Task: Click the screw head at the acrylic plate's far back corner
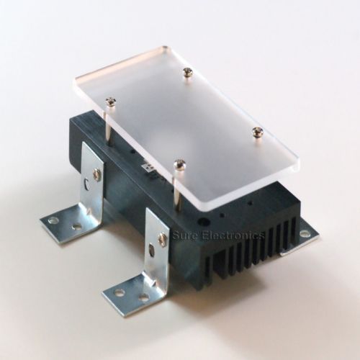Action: (x=187, y=72)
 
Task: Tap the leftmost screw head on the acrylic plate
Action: (x=111, y=101)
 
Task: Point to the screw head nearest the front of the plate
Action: (x=179, y=163)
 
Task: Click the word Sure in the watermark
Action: (x=184, y=235)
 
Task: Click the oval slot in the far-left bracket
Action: (x=86, y=184)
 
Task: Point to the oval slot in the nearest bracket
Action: (x=151, y=249)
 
